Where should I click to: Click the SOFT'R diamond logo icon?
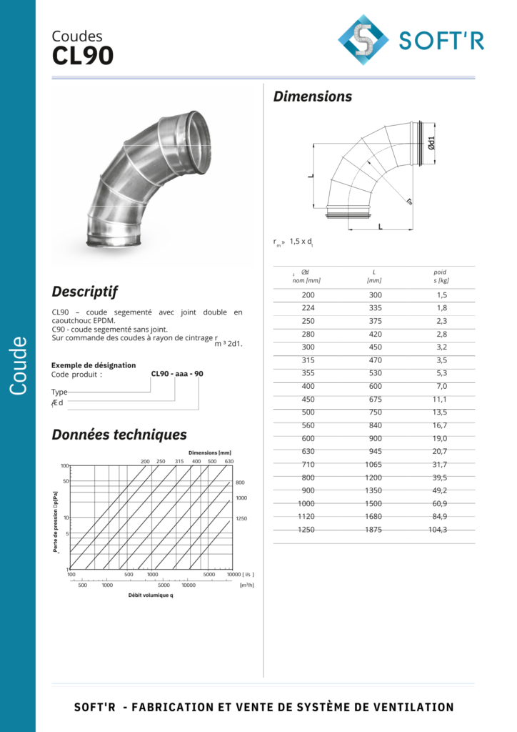(x=363, y=40)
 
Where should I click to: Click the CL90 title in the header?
(x=83, y=56)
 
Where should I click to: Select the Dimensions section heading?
(x=312, y=97)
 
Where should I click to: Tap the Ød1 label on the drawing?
(x=431, y=143)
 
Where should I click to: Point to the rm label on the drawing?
(x=409, y=201)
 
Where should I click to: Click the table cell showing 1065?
(x=373, y=464)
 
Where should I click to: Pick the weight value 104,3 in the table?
(x=437, y=530)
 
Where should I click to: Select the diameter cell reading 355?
(x=308, y=373)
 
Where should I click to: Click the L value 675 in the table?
(x=376, y=399)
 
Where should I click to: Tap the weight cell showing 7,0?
(x=441, y=386)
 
